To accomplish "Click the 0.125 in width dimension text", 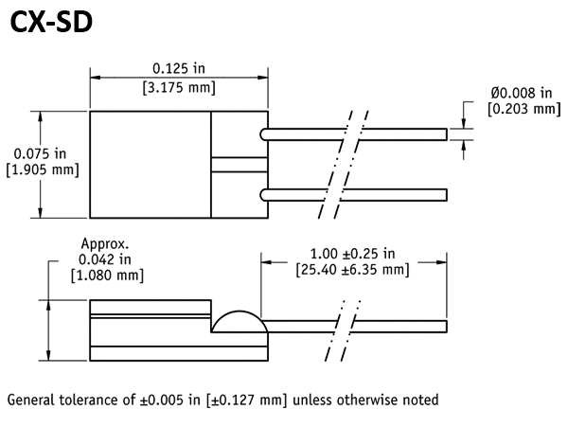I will (x=178, y=69).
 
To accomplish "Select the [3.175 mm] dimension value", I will (x=178, y=87).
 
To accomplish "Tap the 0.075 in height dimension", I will (x=41, y=153).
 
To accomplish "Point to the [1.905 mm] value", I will (x=43, y=169).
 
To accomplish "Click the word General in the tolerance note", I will (x=32, y=400).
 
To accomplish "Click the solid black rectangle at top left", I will (x=51, y=21).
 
